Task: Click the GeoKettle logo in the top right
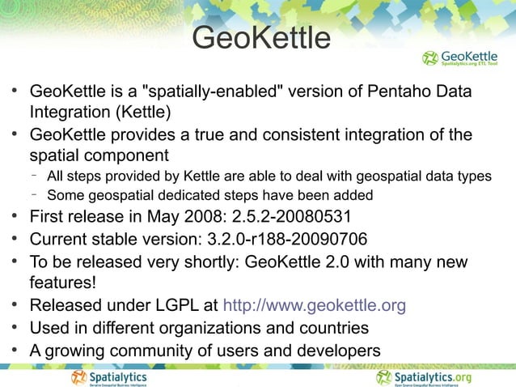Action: coord(459,58)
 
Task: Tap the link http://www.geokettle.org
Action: coord(314,306)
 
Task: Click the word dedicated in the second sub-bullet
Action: coord(190,194)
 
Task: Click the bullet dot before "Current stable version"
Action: coord(15,239)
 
